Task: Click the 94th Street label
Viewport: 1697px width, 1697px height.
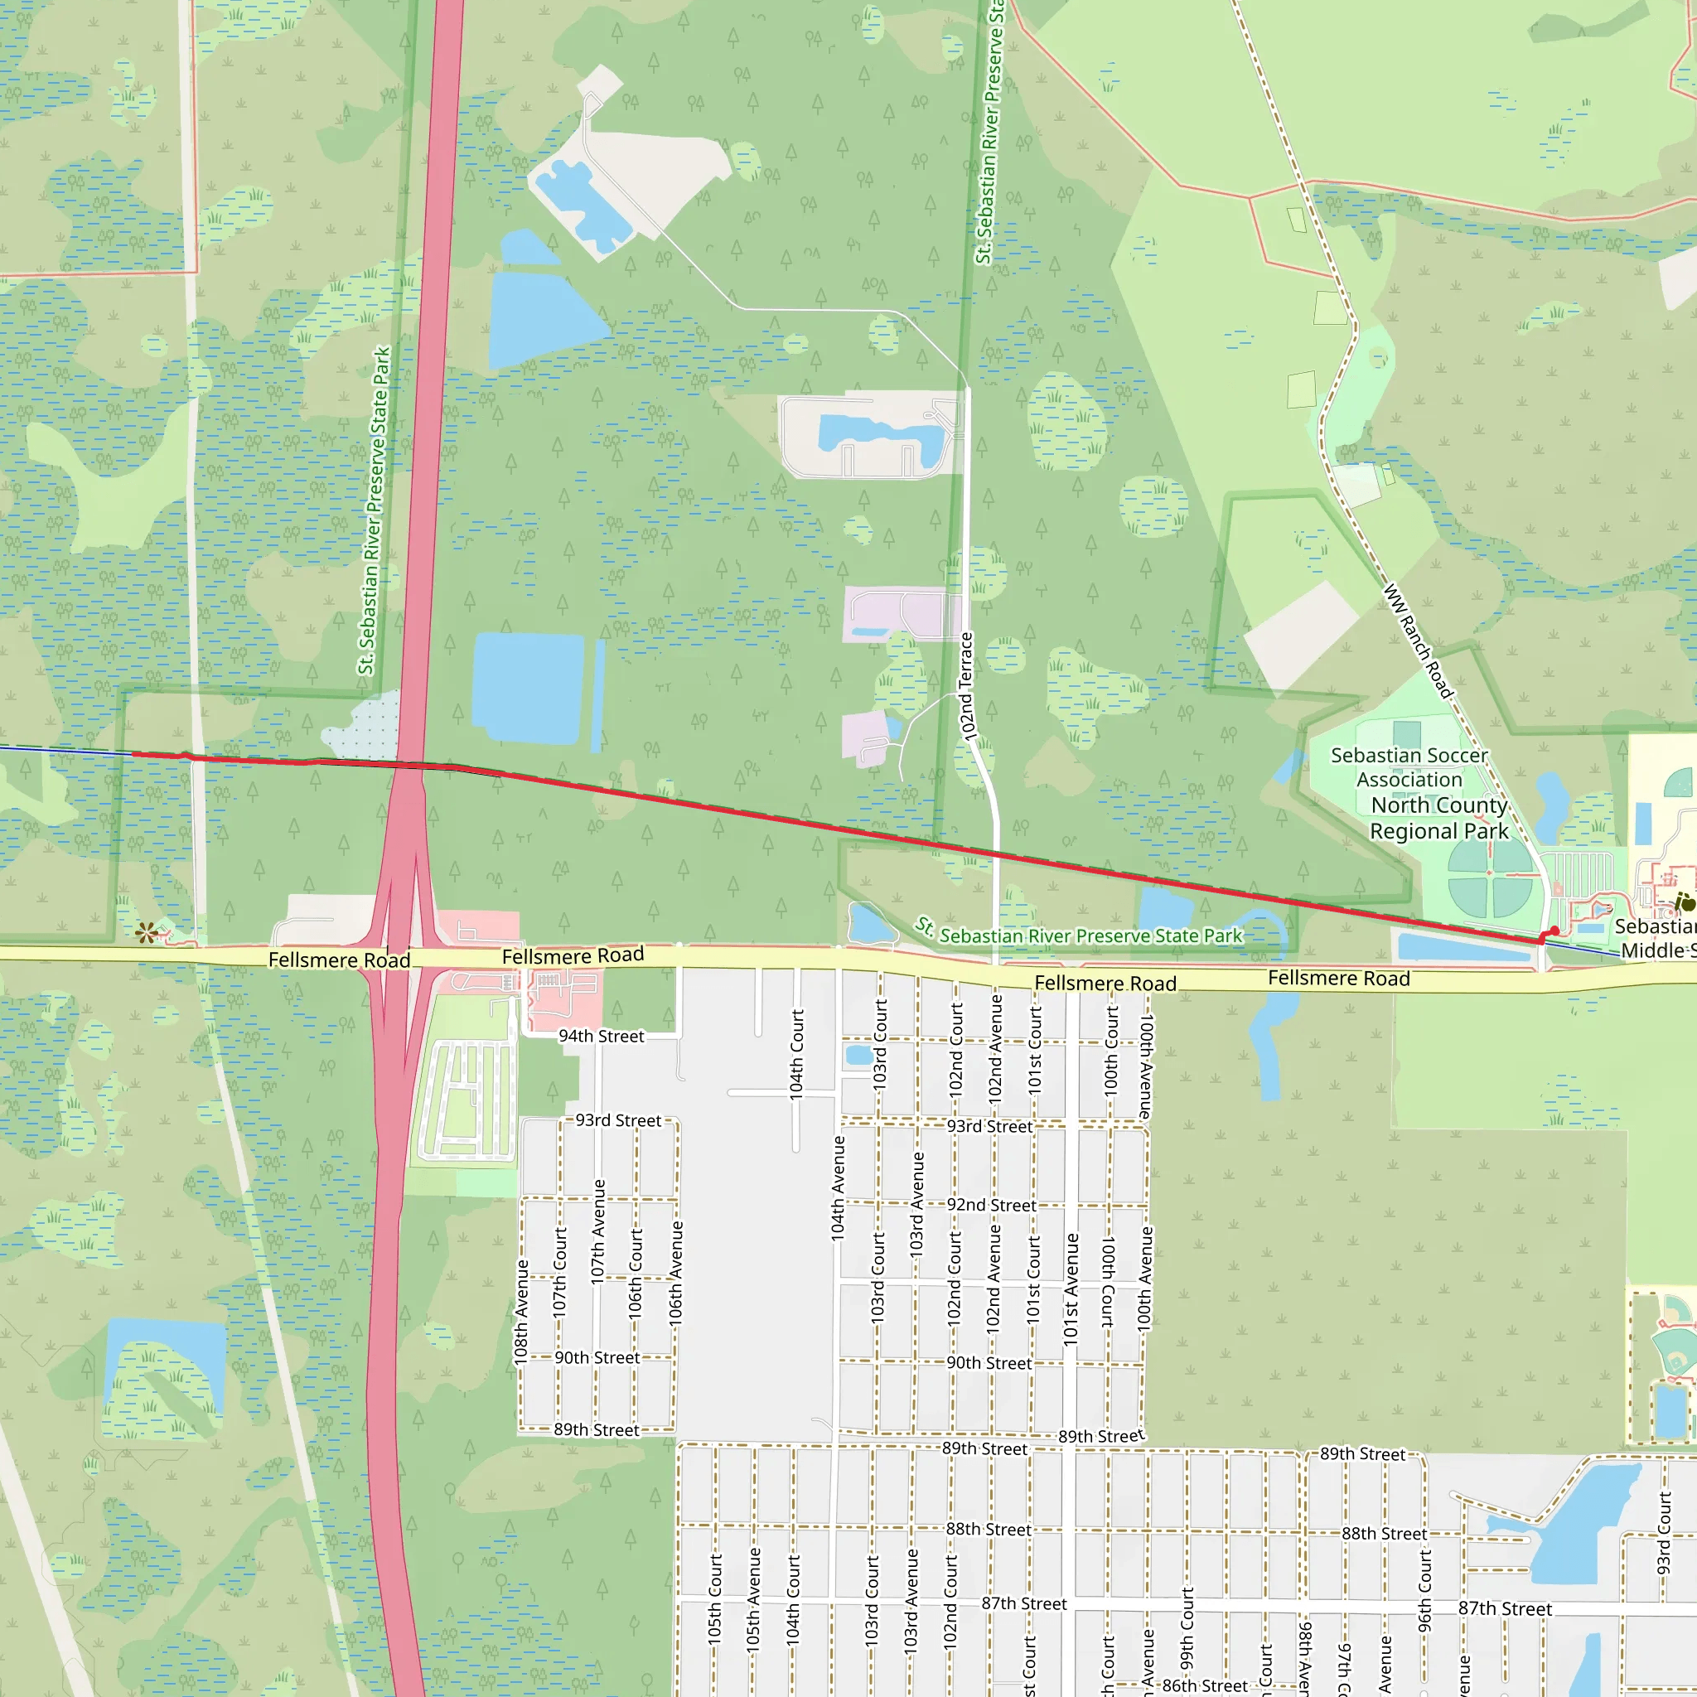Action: [x=601, y=1037]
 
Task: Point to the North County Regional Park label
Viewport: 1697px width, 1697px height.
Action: [x=1438, y=818]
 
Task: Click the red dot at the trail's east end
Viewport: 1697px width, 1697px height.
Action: [x=1554, y=931]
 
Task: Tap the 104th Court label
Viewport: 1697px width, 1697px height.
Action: [x=796, y=1054]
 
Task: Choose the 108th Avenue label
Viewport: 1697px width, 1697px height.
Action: [x=522, y=1313]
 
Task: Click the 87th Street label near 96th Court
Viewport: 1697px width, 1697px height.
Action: [x=1505, y=1608]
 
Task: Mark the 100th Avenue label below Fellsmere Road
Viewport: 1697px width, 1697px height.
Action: [x=1145, y=1067]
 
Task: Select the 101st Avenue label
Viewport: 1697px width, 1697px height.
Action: [x=1071, y=1289]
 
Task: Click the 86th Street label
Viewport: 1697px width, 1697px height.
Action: [x=1204, y=1685]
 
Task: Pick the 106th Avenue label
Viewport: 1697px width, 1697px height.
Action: [x=675, y=1273]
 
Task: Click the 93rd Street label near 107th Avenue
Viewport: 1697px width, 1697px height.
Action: [x=618, y=1120]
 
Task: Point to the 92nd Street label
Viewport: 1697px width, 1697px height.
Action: [x=991, y=1205]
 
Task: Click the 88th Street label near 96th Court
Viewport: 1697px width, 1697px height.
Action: [x=1385, y=1533]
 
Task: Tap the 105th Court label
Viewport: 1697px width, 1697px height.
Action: [x=715, y=1598]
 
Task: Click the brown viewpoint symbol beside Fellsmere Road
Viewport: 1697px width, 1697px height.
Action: [x=147, y=932]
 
